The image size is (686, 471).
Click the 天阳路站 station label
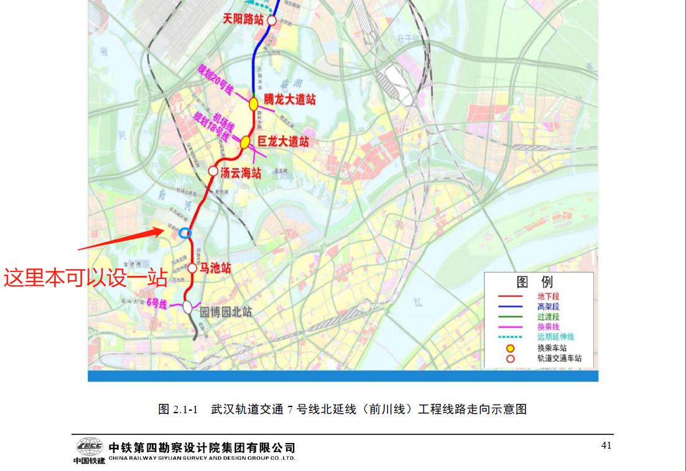[244, 19]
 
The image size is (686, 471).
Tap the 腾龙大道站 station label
[290, 99]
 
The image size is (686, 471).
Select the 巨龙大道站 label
[283, 142]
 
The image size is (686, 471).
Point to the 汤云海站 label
[241, 173]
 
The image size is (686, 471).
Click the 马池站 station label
[215, 268]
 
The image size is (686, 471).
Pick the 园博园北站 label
[225, 312]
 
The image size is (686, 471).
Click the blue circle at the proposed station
[184, 233]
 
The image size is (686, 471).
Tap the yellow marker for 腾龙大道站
[254, 104]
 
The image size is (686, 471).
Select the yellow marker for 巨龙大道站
[246, 142]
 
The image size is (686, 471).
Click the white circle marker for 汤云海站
[213, 171]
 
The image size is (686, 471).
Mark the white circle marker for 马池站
[192, 268]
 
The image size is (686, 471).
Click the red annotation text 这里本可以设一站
[85, 277]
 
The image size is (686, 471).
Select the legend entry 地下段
[548, 297]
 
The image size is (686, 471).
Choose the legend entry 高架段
[548, 307]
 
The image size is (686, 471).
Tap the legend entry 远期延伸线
[555, 337]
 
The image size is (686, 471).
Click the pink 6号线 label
[157, 303]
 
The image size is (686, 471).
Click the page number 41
[606, 445]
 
